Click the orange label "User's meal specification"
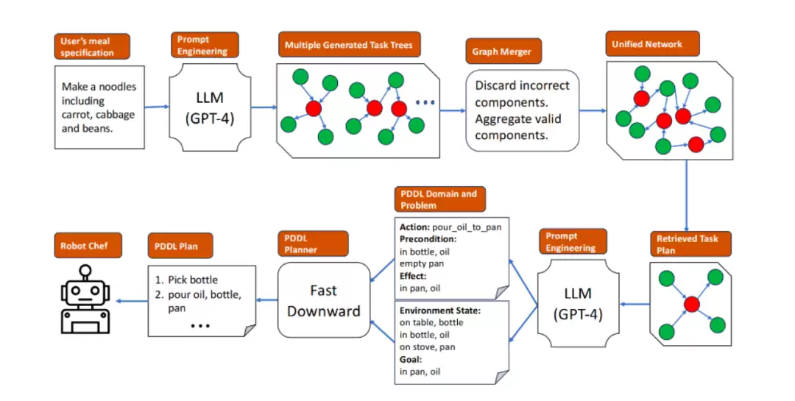pyautogui.click(x=92, y=46)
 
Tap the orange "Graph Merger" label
pyautogui.click(x=504, y=52)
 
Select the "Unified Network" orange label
pyautogui.click(x=652, y=44)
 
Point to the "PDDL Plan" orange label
pyautogui.click(x=180, y=246)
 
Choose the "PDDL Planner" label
pyautogui.click(x=313, y=244)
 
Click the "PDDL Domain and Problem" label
pyautogui.click(x=439, y=199)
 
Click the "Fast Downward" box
pyautogui.click(x=324, y=300)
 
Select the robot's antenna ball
pyautogui.click(x=85, y=271)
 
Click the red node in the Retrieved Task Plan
pyautogui.click(x=691, y=304)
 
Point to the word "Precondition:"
pyautogui.click(x=428, y=239)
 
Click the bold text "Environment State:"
pyautogui.click(x=439, y=310)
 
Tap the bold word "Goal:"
pyautogui.click(x=411, y=359)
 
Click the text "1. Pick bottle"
pyautogui.click(x=186, y=280)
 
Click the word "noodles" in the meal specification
pyautogui.click(x=116, y=87)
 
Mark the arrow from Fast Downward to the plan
pyautogui.click(x=267, y=300)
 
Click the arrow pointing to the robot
pyautogui.click(x=132, y=301)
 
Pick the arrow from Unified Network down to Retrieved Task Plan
pyautogui.click(x=687, y=196)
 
